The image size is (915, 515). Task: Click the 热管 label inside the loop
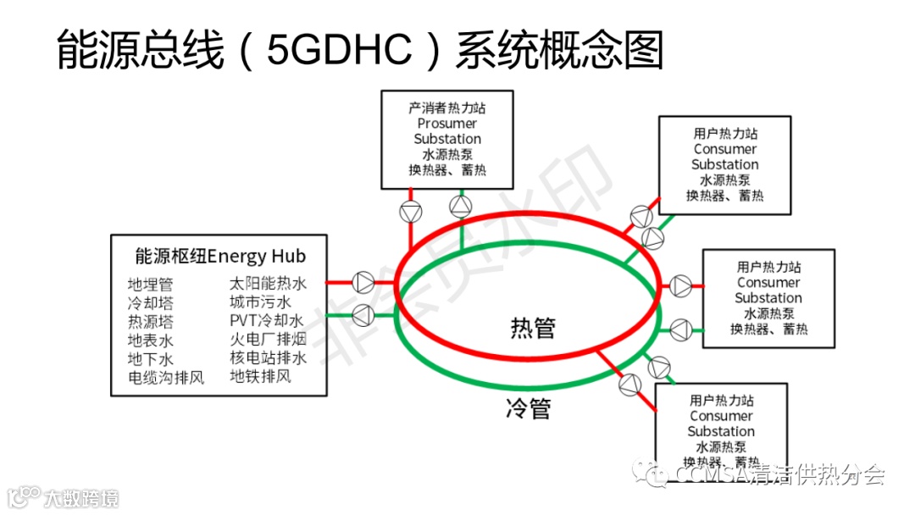533,327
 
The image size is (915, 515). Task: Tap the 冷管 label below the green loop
528,408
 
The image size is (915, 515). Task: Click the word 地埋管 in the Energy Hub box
150,285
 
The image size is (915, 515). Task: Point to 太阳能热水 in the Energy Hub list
268,284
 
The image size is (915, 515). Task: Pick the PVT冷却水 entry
266,321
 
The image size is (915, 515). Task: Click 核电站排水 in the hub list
268,358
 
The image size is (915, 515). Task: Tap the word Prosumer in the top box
447,124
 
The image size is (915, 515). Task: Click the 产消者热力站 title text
447,108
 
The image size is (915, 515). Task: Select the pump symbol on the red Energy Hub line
363,281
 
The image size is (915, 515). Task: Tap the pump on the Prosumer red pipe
410,212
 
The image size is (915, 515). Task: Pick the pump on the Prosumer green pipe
460,205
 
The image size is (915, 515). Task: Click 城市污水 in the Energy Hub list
260,302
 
